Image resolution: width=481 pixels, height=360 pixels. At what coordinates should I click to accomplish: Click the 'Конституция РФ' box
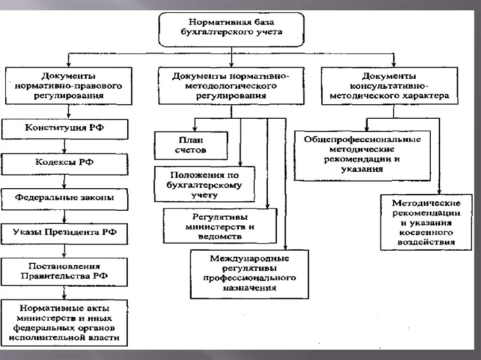(65, 128)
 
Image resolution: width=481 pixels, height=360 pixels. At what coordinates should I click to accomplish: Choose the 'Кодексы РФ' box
(65, 162)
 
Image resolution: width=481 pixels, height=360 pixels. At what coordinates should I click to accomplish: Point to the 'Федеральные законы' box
(65, 198)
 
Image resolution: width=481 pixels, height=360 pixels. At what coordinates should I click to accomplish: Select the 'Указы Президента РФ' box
(65, 232)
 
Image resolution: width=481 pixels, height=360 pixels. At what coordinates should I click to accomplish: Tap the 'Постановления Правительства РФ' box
(64, 271)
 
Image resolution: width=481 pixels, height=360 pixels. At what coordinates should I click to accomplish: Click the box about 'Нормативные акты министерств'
(64, 322)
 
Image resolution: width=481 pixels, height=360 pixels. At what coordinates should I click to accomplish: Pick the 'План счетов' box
(192, 145)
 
